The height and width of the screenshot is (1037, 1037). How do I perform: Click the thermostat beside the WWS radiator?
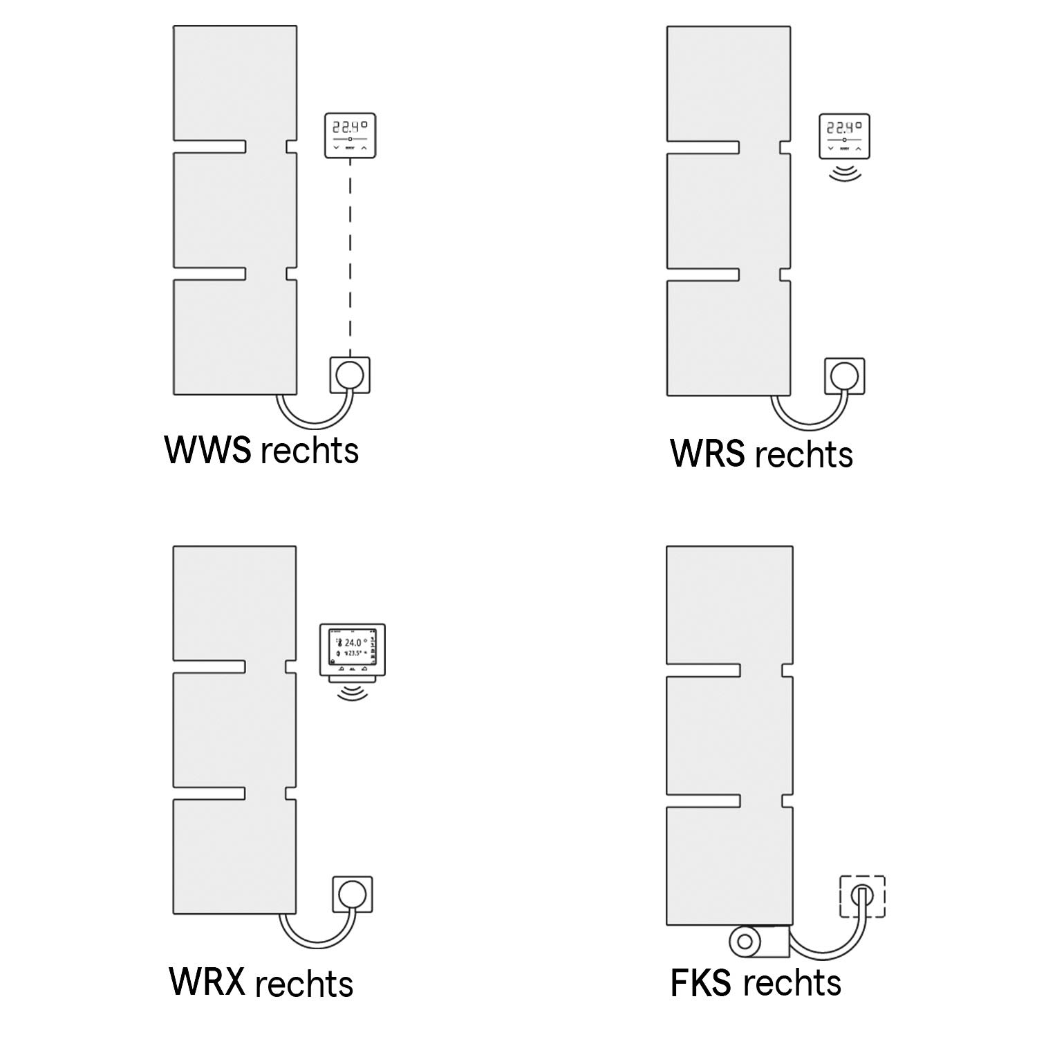click(x=351, y=135)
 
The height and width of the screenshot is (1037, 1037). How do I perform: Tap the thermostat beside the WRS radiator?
click(x=844, y=136)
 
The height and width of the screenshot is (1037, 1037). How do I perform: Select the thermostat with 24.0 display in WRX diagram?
click(x=352, y=651)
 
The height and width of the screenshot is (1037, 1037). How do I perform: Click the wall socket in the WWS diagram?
click(x=350, y=376)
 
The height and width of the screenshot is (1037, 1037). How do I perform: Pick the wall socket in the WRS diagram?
click(x=844, y=377)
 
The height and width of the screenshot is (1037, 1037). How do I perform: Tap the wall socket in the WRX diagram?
click(x=352, y=896)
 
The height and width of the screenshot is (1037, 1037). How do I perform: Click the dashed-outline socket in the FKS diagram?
click(x=862, y=897)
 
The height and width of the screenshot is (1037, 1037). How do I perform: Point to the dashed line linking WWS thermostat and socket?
click(x=351, y=256)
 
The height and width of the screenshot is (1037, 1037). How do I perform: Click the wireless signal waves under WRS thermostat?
click(x=844, y=173)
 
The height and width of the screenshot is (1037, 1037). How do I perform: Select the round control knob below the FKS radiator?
click(x=745, y=941)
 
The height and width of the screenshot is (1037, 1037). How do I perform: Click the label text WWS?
click(x=208, y=449)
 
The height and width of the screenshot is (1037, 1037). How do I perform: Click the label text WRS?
click(x=707, y=454)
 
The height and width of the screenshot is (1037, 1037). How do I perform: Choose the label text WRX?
click(x=207, y=981)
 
